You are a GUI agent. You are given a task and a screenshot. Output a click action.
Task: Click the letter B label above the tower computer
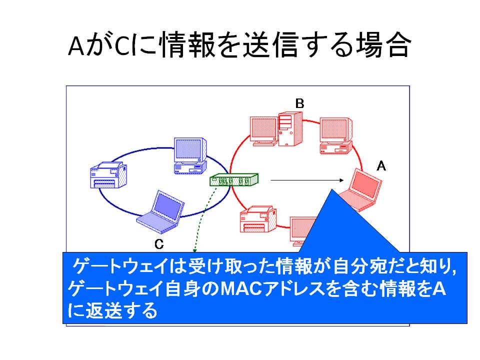[x=299, y=103]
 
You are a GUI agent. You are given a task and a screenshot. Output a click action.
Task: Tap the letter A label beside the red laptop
[x=381, y=166]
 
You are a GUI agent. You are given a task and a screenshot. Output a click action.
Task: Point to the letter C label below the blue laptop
[x=159, y=244]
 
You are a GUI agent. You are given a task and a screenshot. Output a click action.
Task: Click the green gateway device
[x=234, y=179]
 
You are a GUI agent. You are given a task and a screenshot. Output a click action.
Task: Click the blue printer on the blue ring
[x=108, y=175]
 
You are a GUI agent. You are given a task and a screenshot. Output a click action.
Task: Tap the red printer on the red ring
[x=258, y=219]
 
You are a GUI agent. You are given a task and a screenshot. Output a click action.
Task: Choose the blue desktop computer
[x=190, y=156]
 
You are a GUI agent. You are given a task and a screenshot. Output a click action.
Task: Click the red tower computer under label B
[x=290, y=129]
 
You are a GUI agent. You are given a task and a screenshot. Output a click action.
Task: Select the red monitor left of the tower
[x=264, y=130]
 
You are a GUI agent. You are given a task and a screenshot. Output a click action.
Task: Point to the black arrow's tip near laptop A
[x=344, y=180]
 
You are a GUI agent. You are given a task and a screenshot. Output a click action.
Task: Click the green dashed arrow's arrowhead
[x=194, y=251]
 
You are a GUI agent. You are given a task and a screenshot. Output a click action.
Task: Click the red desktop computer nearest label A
[x=336, y=135]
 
